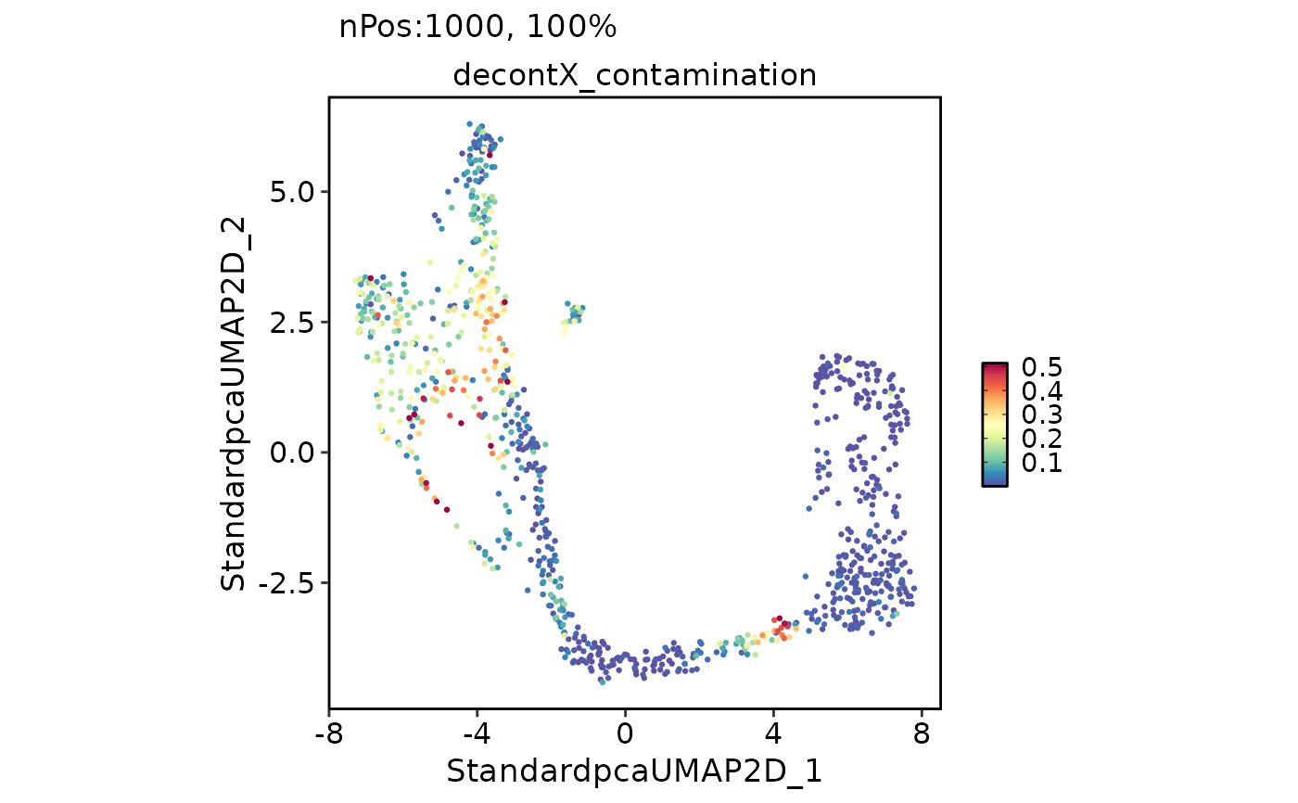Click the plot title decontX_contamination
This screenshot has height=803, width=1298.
[x=634, y=75]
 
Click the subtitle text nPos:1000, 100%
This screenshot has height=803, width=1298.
[x=477, y=28]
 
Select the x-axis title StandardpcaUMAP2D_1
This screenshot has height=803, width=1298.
[x=634, y=771]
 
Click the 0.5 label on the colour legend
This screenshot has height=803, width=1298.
[x=1041, y=368]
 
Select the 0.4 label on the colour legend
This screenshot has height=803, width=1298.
[x=1041, y=391]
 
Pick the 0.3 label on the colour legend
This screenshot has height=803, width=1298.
[x=1041, y=415]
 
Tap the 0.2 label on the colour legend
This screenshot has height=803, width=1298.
[x=1041, y=439]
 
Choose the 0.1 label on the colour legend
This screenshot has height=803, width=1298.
[x=1041, y=463]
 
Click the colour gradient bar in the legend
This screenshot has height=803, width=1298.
[x=995, y=424]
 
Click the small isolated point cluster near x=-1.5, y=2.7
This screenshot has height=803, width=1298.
[x=575, y=313]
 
